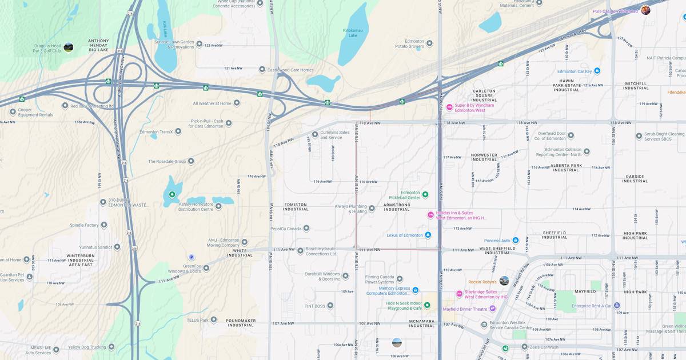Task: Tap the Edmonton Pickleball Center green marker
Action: pos(425,195)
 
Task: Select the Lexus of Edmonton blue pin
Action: pos(428,235)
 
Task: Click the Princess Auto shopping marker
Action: pos(515,240)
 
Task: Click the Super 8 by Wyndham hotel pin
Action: pos(449,107)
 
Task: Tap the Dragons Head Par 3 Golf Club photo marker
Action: pos(68,47)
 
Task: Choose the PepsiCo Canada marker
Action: pos(306,229)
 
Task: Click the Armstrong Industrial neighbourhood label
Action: pos(397,207)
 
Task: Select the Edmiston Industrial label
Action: pos(296,207)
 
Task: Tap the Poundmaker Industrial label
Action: pos(240,322)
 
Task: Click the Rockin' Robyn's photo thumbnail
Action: pos(504,281)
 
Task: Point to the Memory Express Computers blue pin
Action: pos(416,290)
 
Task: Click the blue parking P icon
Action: pos(192,257)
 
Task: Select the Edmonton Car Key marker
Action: pos(597,71)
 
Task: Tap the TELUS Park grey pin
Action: pos(213,320)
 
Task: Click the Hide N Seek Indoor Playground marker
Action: pos(427,305)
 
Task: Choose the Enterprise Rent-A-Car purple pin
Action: pos(616,306)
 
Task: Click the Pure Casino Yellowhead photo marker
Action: pos(645,10)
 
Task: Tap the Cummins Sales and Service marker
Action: pos(314,135)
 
